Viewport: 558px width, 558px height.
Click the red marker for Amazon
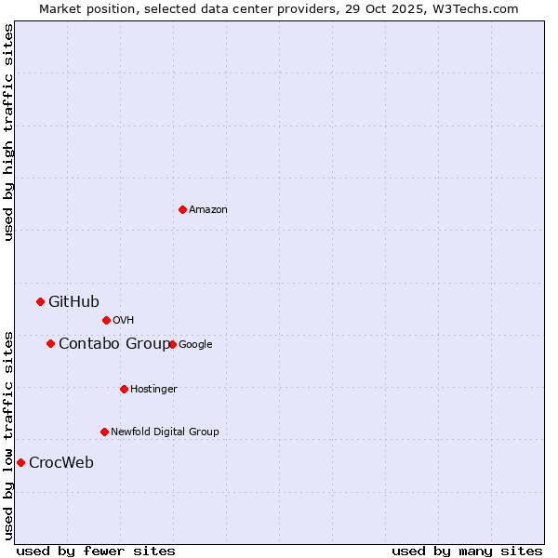[x=182, y=209]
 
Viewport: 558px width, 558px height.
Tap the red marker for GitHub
[x=40, y=301]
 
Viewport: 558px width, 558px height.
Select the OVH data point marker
[x=106, y=320]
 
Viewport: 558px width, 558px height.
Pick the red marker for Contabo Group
[x=50, y=343]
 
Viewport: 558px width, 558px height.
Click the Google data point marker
[x=172, y=344]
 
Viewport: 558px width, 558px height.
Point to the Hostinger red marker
[x=124, y=389]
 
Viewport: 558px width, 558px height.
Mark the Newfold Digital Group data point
[x=104, y=432]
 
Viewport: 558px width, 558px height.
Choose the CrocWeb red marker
[x=20, y=462]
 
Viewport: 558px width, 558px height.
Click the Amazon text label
[x=208, y=210]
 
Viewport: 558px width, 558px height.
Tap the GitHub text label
[x=73, y=301]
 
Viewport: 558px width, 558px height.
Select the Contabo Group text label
[x=113, y=344]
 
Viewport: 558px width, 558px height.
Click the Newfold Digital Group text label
[x=165, y=432]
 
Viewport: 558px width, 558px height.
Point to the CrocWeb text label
[x=61, y=463]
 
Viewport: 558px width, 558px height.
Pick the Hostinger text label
[x=153, y=389]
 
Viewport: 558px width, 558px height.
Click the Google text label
[x=195, y=344]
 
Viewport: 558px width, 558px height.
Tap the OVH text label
[x=124, y=321]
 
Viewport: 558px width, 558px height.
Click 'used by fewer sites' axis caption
[x=96, y=551]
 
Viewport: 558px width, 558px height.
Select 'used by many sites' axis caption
[x=467, y=551]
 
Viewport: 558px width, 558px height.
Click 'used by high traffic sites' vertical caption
[x=8, y=132]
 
